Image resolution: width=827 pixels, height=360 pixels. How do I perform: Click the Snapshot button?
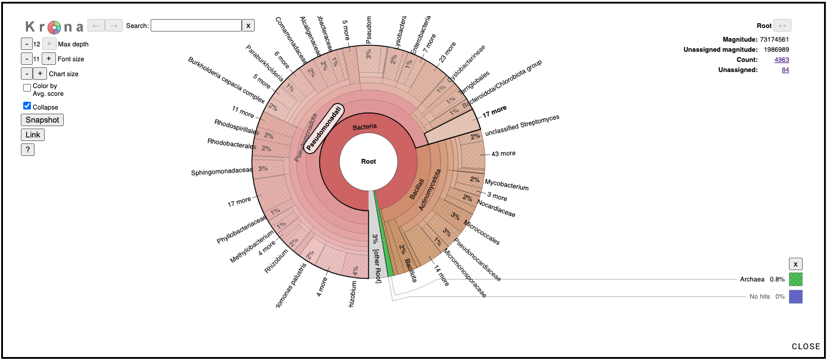(x=42, y=120)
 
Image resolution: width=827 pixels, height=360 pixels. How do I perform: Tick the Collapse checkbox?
(x=27, y=106)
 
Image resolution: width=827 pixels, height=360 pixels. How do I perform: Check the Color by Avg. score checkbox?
(x=27, y=87)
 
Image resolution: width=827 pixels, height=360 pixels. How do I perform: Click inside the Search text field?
(x=196, y=26)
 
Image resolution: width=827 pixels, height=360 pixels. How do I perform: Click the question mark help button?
(x=27, y=150)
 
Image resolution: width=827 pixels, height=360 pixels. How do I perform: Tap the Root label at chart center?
(x=369, y=161)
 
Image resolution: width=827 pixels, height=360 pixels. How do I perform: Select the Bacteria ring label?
(x=364, y=127)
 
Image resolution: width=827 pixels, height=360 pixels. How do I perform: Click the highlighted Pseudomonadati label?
(x=325, y=129)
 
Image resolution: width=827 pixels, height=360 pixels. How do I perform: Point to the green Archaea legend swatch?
(x=795, y=279)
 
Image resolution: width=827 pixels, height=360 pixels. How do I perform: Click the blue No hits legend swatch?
(x=795, y=296)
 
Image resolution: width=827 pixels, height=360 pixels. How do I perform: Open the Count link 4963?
(x=782, y=60)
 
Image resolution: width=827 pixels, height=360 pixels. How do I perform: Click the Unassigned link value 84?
(x=785, y=70)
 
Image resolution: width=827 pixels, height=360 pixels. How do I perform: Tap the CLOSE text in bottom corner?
(x=806, y=346)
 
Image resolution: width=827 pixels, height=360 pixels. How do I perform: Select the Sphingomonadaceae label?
(x=222, y=173)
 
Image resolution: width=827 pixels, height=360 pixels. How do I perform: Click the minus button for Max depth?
(x=27, y=43)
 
